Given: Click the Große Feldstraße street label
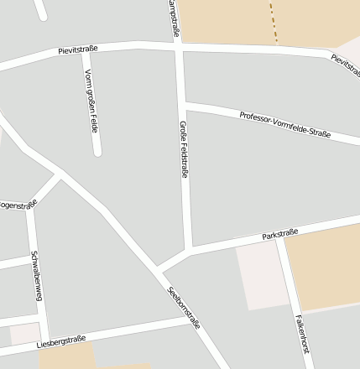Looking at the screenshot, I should point(184,149).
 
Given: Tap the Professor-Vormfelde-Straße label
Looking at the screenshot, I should point(284,124).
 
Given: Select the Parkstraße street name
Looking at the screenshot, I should point(280,234).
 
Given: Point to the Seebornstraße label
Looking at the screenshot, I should point(184,308).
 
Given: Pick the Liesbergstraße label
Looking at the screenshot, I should point(61,342).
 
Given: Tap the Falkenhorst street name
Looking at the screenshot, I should point(304,338).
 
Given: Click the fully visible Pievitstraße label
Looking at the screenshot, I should point(78,49).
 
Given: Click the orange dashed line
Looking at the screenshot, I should point(273,22).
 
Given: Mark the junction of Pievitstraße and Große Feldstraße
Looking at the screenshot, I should point(179,46).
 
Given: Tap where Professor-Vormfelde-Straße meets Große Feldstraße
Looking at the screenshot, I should point(184,105).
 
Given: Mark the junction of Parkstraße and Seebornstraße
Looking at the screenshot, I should point(158,270).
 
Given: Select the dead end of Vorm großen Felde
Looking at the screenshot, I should point(97,152).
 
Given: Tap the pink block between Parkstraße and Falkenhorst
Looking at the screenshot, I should point(262,277).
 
